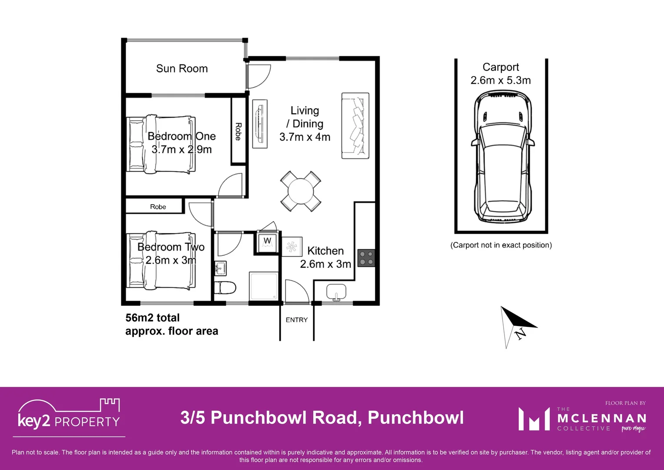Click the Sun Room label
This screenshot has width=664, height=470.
point(182,69)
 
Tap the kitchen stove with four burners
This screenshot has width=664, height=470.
point(366,258)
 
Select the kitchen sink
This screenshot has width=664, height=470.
point(336,291)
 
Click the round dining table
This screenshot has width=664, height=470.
point(301,191)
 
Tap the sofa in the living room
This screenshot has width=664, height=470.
point(355,126)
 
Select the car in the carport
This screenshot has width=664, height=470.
point(502,157)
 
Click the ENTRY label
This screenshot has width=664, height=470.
point(297,320)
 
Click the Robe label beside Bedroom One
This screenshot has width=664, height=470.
point(238,131)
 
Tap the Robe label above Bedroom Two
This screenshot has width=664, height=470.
point(158,207)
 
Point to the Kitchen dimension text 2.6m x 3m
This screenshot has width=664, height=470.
point(325,264)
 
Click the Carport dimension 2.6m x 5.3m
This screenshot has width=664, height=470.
point(501,81)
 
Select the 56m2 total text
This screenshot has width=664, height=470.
point(153,318)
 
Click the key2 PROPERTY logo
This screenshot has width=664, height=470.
point(69,417)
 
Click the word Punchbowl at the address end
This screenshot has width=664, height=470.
point(416,418)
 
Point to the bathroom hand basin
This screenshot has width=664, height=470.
point(220,268)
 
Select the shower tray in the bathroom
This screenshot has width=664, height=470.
point(264,286)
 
